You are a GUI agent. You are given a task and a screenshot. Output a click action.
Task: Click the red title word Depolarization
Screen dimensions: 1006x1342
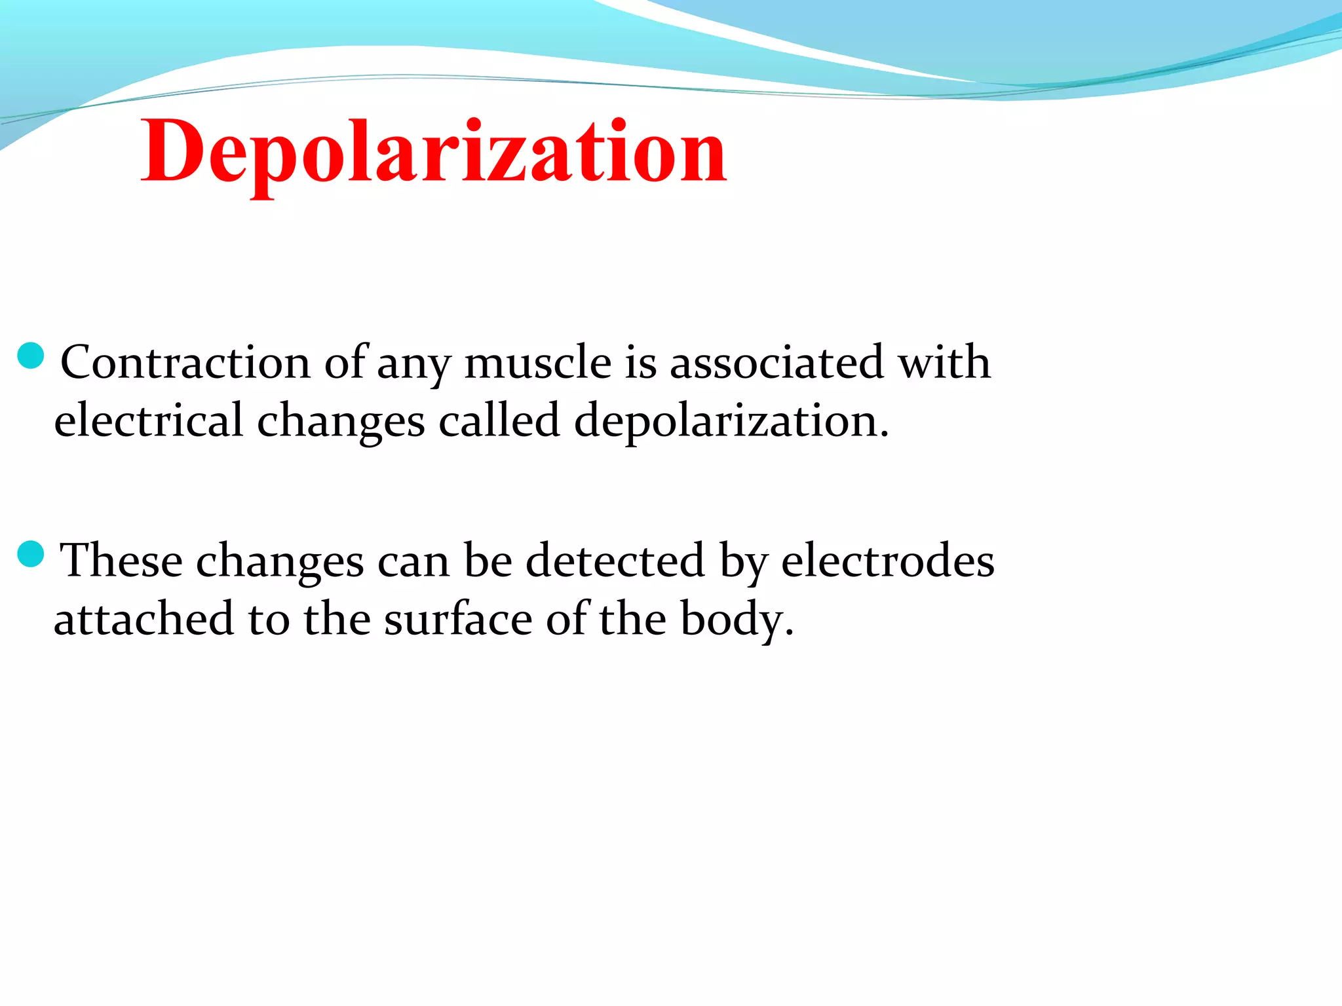click(434, 152)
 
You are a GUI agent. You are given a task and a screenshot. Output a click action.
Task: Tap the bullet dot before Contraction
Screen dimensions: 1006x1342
click(31, 356)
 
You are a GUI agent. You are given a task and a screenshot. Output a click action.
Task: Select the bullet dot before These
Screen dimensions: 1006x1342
click(31, 555)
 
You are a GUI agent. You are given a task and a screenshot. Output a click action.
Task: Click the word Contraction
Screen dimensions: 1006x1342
click(185, 362)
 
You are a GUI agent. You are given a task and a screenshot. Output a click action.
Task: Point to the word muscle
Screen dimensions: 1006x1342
click(537, 362)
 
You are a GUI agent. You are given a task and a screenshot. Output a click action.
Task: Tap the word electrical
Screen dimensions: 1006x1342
click(149, 420)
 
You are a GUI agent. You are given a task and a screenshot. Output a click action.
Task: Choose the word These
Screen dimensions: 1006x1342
click(121, 561)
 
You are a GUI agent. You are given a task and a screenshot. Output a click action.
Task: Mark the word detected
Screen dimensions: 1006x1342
click(615, 561)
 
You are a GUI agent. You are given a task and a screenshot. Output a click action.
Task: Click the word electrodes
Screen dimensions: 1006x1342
click(888, 561)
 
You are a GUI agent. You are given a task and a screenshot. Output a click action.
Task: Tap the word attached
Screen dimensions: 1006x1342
click(144, 619)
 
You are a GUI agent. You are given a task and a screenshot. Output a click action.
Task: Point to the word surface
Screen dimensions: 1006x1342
click(458, 619)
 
